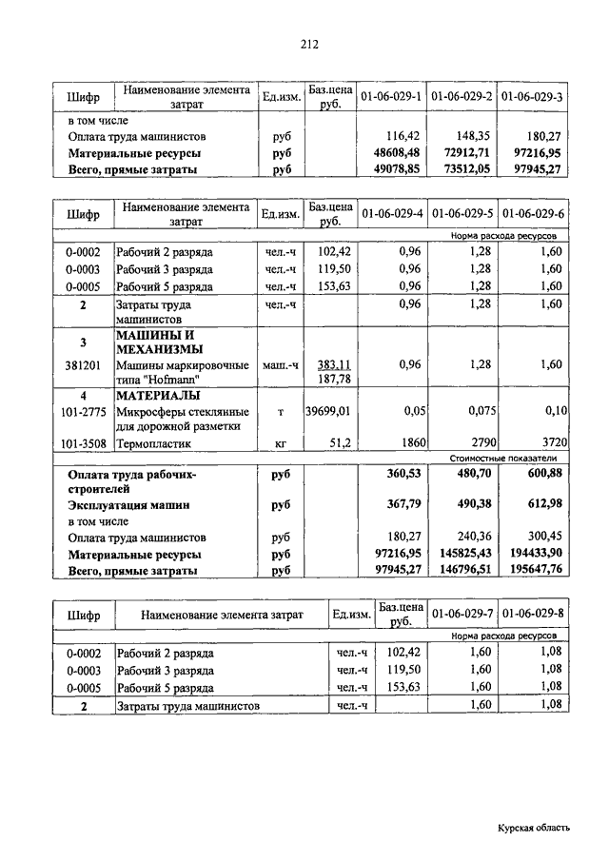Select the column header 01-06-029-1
point(391,97)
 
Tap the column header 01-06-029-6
point(533,214)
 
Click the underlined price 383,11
point(335,364)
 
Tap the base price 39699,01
point(329,411)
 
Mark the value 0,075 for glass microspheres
point(476,411)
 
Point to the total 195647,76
point(536,570)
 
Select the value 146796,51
point(464,570)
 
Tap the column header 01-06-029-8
point(533,615)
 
